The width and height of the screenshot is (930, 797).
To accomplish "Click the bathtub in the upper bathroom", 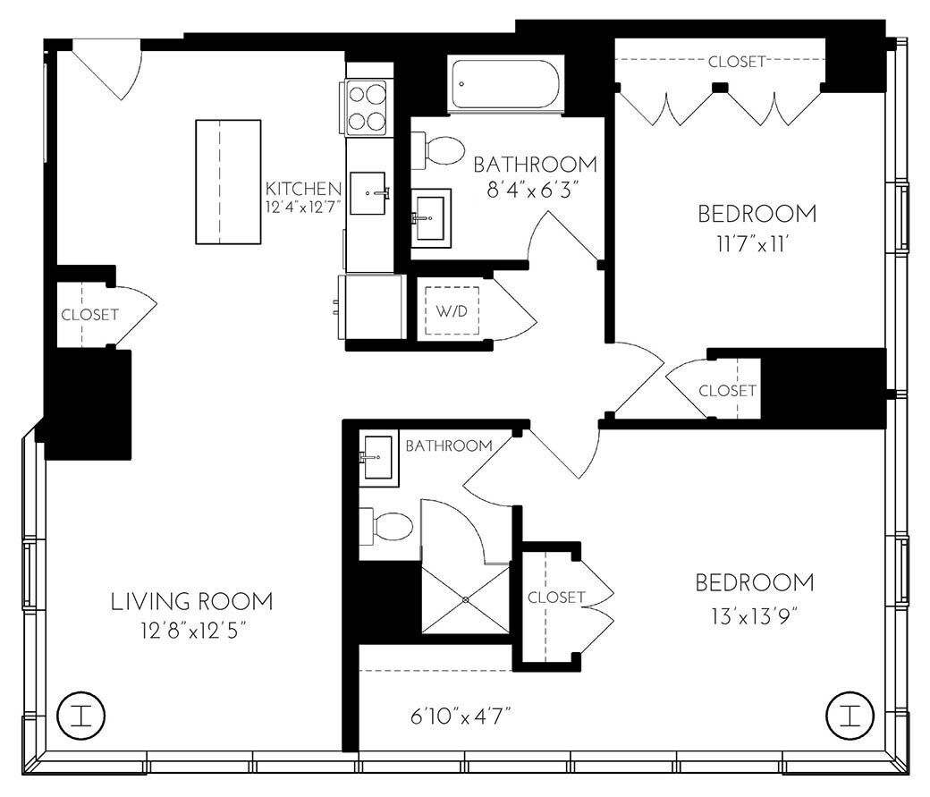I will (x=505, y=86).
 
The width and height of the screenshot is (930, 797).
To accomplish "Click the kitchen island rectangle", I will (x=228, y=182).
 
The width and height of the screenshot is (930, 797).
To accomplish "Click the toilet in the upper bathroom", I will (x=437, y=149).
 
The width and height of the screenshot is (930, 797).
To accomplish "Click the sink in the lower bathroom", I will (x=379, y=458).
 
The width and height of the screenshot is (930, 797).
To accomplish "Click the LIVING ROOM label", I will (x=191, y=601).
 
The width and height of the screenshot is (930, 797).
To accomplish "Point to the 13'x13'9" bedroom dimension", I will (x=755, y=615).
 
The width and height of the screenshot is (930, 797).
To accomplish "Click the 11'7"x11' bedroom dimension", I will (x=757, y=244).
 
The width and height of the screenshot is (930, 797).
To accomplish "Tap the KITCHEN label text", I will (x=303, y=189).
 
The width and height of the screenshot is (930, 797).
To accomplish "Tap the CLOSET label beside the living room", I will (x=89, y=315).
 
